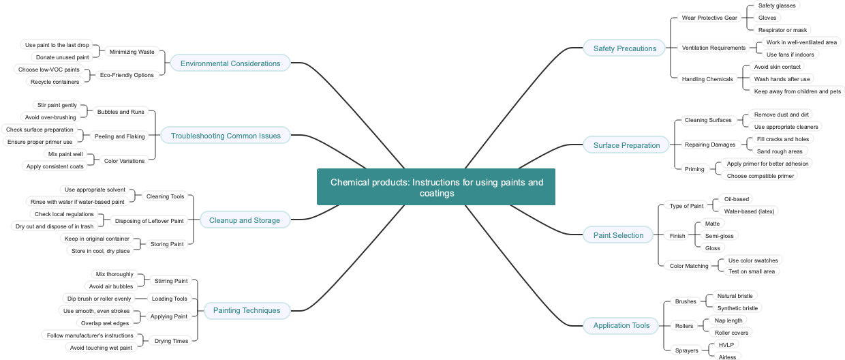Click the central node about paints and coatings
pos(436,187)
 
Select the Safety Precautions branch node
pos(624,48)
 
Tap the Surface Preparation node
pos(626,145)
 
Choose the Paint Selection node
pos(618,235)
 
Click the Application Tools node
pos(621,325)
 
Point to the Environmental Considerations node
pos(230,63)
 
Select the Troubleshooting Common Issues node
pos(226,136)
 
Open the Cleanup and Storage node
pos(245,220)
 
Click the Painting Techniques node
pos(247,310)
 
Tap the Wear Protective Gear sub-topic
pos(709,18)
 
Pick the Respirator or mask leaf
pos(782,30)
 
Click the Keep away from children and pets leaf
pos(797,91)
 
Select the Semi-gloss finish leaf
pos(719,236)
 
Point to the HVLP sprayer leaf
pos(726,345)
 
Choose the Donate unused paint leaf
pos(62,57)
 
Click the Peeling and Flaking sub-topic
pos(119,136)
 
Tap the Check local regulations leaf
pos(64,214)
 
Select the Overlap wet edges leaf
pos(104,323)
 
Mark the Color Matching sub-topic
pos(689,266)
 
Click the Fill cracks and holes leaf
pos(783,139)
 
